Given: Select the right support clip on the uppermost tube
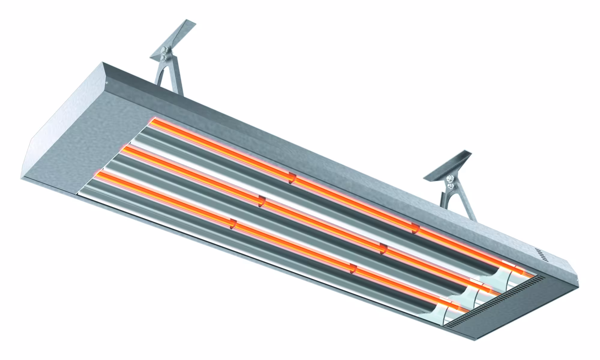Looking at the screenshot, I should coord(415,228).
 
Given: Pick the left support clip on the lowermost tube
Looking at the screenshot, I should coord(232,224).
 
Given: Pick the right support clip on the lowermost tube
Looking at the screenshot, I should coord(354,269).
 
